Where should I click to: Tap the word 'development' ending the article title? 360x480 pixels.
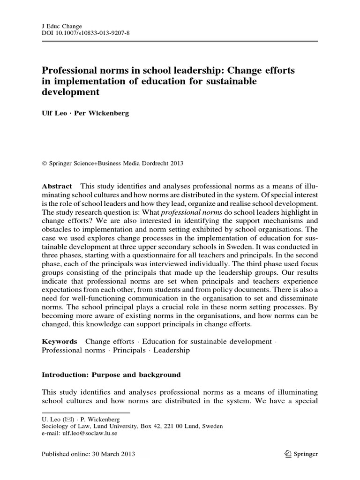pos(71,92)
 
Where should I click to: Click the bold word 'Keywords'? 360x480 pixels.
pos(59,342)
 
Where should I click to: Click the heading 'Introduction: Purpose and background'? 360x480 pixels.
pos(111,375)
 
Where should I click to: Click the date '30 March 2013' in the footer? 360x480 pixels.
pos(111,454)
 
